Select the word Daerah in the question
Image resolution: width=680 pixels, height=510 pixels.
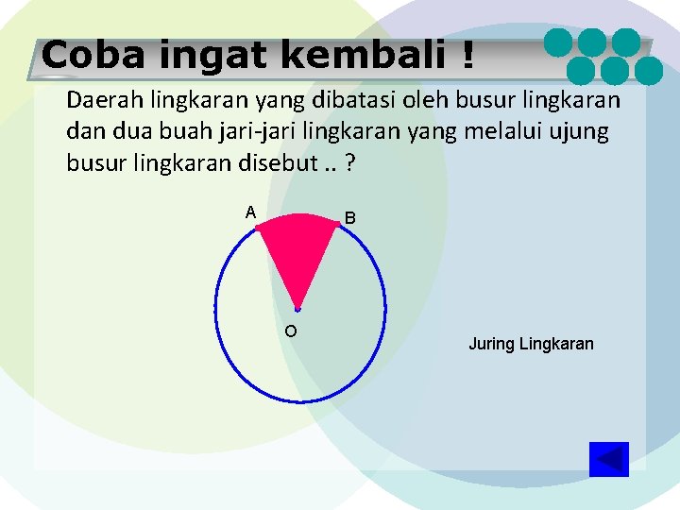click(99, 99)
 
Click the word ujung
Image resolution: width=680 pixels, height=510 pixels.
click(578, 132)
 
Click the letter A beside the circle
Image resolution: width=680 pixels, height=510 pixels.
click(250, 212)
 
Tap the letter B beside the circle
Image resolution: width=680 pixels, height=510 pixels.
click(349, 218)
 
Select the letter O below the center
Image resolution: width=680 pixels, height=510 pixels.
click(290, 331)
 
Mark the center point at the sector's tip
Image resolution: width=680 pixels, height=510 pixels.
click(297, 309)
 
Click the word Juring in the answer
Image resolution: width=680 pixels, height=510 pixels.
click(491, 344)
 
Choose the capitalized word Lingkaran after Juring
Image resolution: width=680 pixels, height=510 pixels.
click(556, 344)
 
